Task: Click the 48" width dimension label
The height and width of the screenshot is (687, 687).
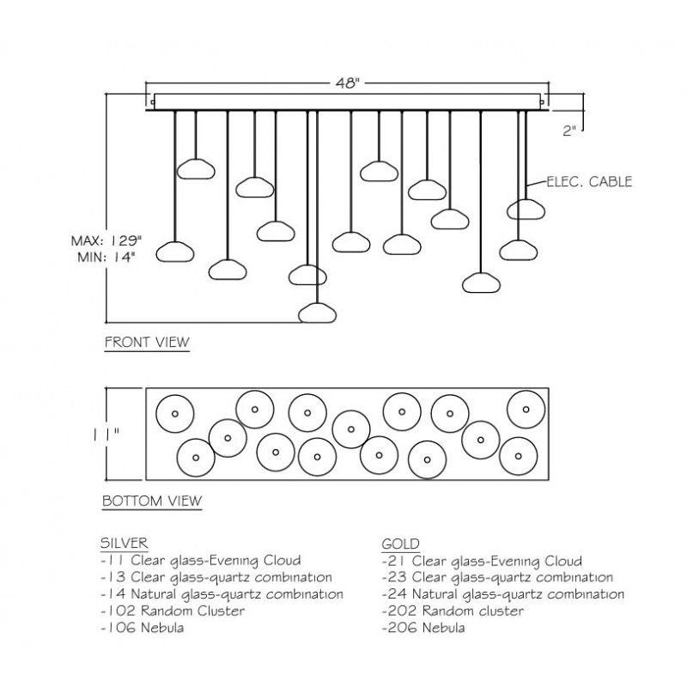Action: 348,83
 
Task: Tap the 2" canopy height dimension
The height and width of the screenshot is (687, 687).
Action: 568,131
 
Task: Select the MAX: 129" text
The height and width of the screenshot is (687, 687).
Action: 106,240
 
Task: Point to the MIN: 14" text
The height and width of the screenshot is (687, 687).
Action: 106,257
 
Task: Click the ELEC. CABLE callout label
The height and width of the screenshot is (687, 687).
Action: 589,181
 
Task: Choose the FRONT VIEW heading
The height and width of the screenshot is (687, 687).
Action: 147,342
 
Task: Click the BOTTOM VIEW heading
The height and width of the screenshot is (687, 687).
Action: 152,501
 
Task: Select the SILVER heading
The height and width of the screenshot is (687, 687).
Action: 124,543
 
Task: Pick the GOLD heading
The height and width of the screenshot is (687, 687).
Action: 400,544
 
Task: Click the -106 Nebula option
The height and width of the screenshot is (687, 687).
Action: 143,628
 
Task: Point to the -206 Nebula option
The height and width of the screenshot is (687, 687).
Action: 423,628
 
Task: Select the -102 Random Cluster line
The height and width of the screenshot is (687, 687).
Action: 173,611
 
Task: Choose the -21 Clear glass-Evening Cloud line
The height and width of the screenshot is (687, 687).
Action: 482,561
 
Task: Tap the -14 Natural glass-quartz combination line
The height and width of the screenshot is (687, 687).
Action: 222,594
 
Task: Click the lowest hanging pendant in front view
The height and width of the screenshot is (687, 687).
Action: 317,313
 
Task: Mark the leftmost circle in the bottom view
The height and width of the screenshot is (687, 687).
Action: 175,414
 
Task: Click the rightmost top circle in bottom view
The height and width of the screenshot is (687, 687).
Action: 526,410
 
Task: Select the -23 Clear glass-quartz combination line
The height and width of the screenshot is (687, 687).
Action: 497,577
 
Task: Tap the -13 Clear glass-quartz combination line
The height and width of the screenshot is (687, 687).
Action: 216,577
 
